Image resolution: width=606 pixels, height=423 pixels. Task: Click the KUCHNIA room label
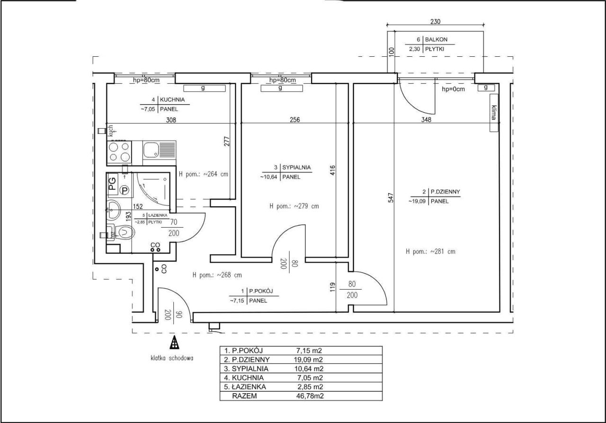click(x=172, y=99)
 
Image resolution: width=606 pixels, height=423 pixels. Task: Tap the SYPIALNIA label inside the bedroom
click(x=296, y=167)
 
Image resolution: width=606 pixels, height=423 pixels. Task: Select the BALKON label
click(x=436, y=39)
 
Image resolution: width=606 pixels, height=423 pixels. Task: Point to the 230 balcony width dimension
click(x=435, y=21)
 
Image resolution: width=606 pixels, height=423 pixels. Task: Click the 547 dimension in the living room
click(x=391, y=197)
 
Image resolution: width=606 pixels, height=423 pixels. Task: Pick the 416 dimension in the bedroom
click(x=332, y=170)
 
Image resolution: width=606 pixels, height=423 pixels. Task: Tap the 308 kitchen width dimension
click(x=171, y=120)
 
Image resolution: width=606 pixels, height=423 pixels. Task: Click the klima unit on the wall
click(x=494, y=113)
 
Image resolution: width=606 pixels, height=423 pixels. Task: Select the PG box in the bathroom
click(x=113, y=184)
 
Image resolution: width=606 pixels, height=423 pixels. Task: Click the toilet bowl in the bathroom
click(x=125, y=232)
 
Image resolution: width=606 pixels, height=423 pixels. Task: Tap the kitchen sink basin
click(x=151, y=150)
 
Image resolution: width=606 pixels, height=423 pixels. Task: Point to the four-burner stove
click(x=119, y=152)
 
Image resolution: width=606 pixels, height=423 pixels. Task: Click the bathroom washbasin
click(x=114, y=210)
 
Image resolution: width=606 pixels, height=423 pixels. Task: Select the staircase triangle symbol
click(x=175, y=343)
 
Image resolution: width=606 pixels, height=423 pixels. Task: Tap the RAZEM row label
click(x=245, y=396)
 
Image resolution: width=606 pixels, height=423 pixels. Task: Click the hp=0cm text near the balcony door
click(x=453, y=89)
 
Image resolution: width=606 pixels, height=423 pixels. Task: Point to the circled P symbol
click(x=125, y=190)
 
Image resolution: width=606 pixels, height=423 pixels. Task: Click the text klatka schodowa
click(x=172, y=358)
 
